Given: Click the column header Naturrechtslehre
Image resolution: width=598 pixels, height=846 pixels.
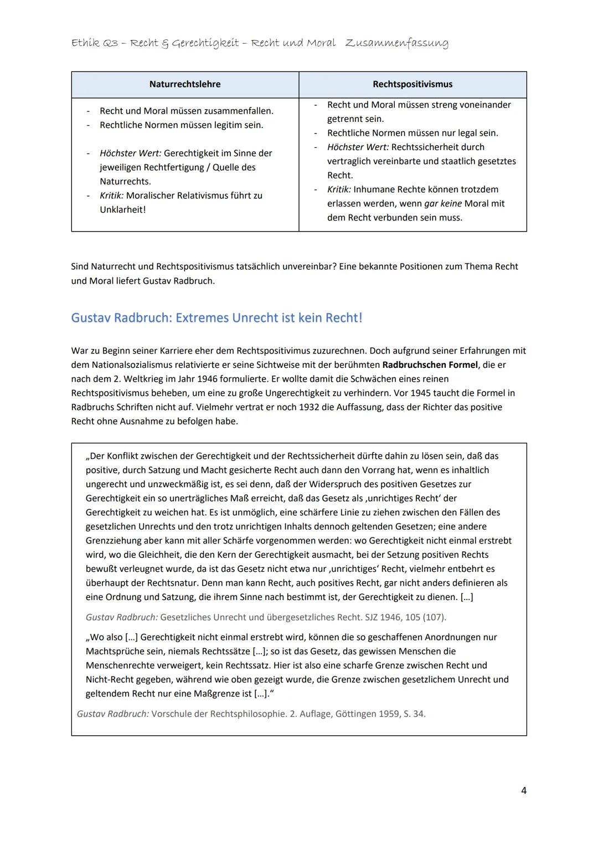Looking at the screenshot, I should click(185, 84).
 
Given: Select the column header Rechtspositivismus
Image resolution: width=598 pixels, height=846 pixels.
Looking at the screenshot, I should click(413, 84).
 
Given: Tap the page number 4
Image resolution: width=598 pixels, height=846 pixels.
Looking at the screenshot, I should click(523, 791).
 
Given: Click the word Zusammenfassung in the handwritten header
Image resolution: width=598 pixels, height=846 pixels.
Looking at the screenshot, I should click(396, 43).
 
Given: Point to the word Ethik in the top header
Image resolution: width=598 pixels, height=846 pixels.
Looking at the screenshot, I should click(85, 43).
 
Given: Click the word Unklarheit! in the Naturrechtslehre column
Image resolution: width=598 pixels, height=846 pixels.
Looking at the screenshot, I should click(123, 210).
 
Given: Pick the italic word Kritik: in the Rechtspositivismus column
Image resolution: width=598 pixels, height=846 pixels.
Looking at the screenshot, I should click(339, 189).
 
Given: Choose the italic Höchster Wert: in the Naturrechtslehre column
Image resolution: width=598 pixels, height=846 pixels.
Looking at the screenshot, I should click(130, 153).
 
